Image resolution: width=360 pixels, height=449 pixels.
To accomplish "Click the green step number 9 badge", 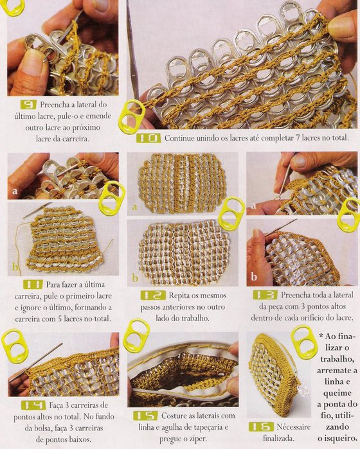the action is coord(28,105).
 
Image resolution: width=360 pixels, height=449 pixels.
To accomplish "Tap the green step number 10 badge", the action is coord(148,138).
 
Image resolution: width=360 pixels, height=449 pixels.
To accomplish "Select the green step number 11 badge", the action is coord(33,285).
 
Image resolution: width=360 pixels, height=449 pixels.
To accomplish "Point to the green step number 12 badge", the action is coord(153,295).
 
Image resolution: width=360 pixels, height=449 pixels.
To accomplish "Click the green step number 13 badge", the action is coord(265,295).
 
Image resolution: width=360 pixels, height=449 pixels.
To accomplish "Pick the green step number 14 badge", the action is coord(33,405).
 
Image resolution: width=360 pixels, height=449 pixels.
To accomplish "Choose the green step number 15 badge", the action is coord(145,416).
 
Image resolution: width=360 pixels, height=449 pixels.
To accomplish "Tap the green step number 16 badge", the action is coord(261,427).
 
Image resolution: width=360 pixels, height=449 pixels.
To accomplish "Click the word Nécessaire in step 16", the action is coord(294,427).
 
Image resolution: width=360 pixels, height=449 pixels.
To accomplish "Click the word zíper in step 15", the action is coord(197,439).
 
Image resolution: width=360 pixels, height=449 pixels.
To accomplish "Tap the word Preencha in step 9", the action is coord(55,105).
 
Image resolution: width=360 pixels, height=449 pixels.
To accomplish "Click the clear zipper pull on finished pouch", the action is coord(303,388).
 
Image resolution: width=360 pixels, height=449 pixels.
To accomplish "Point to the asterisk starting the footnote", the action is coord(321,336).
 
